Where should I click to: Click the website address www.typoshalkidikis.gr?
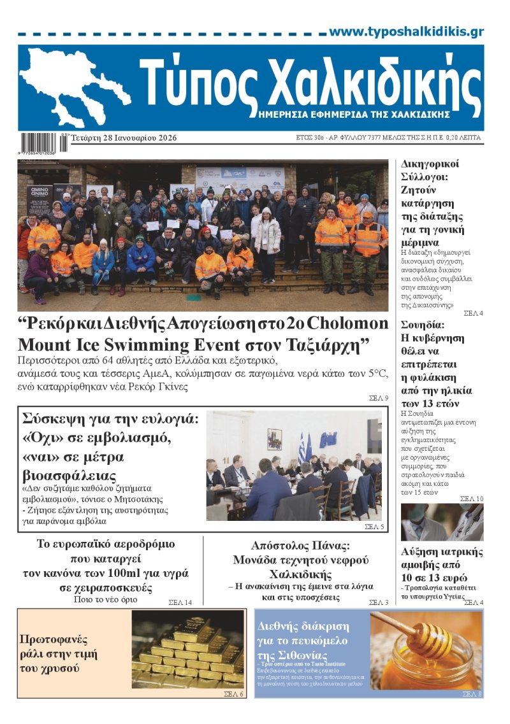coord(406,32)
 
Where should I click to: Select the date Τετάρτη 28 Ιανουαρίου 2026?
coord(124,138)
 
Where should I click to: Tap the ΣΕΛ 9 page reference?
coord(378,399)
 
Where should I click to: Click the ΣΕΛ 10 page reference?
coord(471,499)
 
